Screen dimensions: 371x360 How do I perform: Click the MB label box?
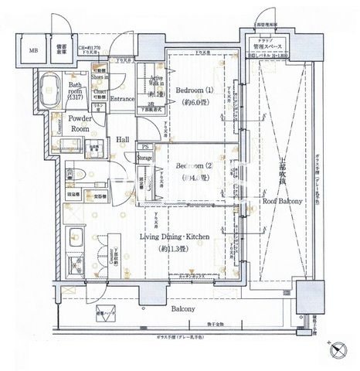coord(32,52)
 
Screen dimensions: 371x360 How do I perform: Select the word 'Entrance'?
coord(124,99)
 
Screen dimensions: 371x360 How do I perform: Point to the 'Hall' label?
coord(123,140)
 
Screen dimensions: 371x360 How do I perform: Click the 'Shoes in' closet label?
coord(100,77)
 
